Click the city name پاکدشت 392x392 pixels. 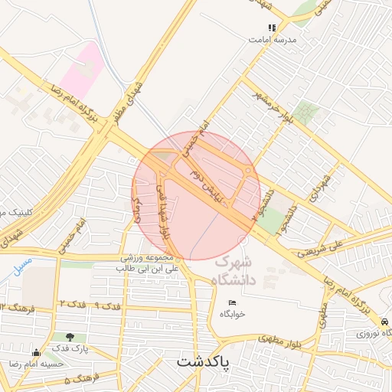pyautogui.click(x=207, y=360)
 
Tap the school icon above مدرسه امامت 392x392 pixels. pyautogui.click(x=272, y=27)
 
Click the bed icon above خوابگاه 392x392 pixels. pyautogui.click(x=232, y=303)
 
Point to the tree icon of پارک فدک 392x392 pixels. pyautogui.click(x=70, y=336)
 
